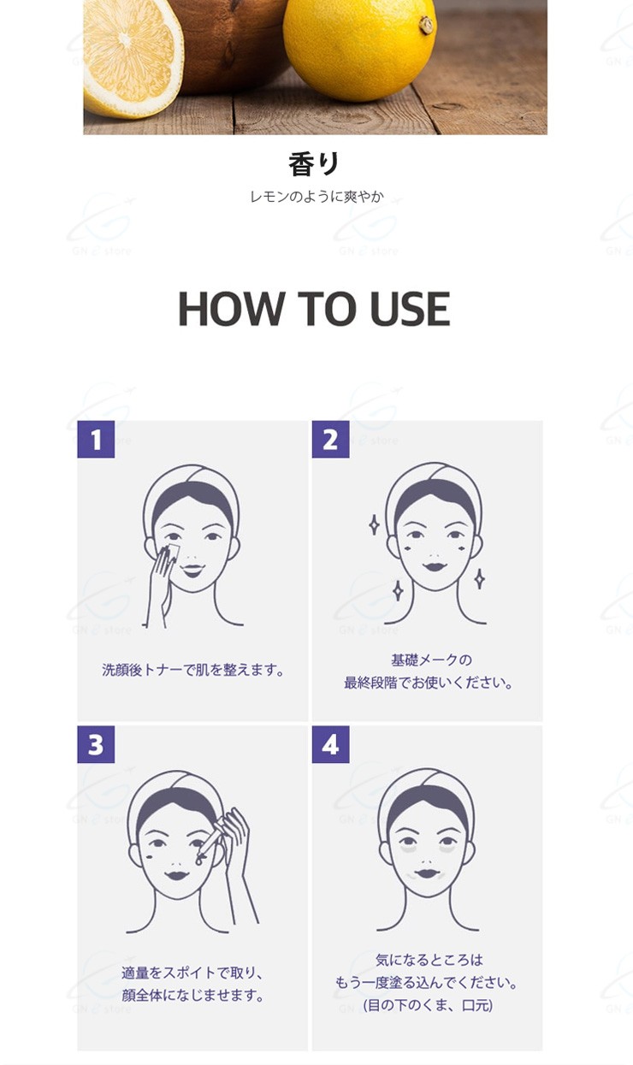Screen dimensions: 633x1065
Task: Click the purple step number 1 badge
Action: [x=96, y=439]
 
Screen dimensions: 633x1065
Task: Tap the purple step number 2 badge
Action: [x=330, y=439]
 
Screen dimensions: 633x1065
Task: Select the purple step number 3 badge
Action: [x=96, y=744]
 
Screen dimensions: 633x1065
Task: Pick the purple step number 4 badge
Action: [x=330, y=744]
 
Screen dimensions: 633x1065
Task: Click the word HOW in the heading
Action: [x=231, y=309]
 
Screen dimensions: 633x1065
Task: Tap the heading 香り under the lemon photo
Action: [x=314, y=164]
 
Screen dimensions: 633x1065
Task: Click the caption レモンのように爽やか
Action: [x=316, y=197]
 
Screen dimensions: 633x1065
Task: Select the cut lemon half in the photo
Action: [x=133, y=58]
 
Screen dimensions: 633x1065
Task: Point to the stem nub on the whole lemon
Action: [x=426, y=24]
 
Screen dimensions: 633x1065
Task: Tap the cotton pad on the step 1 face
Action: [x=172, y=552]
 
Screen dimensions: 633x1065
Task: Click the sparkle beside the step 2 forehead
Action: [x=375, y=525]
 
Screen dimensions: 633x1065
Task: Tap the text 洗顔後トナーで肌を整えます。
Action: [x=192, y=670]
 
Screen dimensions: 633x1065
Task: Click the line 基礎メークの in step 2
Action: [x=431, y=660]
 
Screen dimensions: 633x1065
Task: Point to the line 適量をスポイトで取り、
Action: [x=192, y=973]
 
